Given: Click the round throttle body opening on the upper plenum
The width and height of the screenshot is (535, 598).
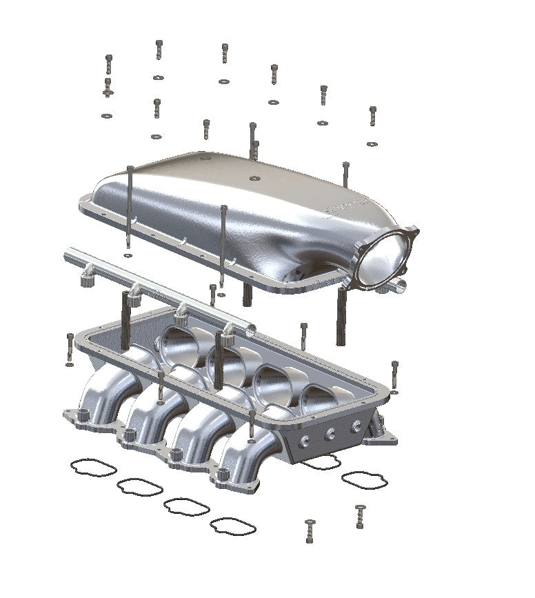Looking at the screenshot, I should pyautogui.click(x=384, y=257).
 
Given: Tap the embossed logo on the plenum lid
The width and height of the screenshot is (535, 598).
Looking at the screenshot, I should pyautogui.click(x=345, y=206).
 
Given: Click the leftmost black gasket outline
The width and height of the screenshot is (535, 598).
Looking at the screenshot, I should pyautogui.click(x=92, y=468).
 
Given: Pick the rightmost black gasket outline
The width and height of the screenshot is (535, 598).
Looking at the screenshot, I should pyautogui.click(x=364, y=480).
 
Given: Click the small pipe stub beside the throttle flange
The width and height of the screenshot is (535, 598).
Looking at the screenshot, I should pyautogui.click(x=399, y=283).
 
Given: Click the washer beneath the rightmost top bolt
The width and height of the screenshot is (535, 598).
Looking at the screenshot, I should pyautogui.click(x=372, y=144).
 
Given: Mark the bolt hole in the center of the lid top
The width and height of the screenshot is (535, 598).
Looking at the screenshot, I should pyautogui.click(x=254, y=179).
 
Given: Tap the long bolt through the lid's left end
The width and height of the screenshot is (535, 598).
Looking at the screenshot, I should pyautogui.click(x=130, y=207).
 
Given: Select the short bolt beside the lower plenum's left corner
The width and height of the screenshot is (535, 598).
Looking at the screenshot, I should pyautogui.click(x=70, y=348).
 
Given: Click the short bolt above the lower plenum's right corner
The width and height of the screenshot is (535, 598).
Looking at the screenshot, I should pyautogui.click(x=394, y=373).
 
